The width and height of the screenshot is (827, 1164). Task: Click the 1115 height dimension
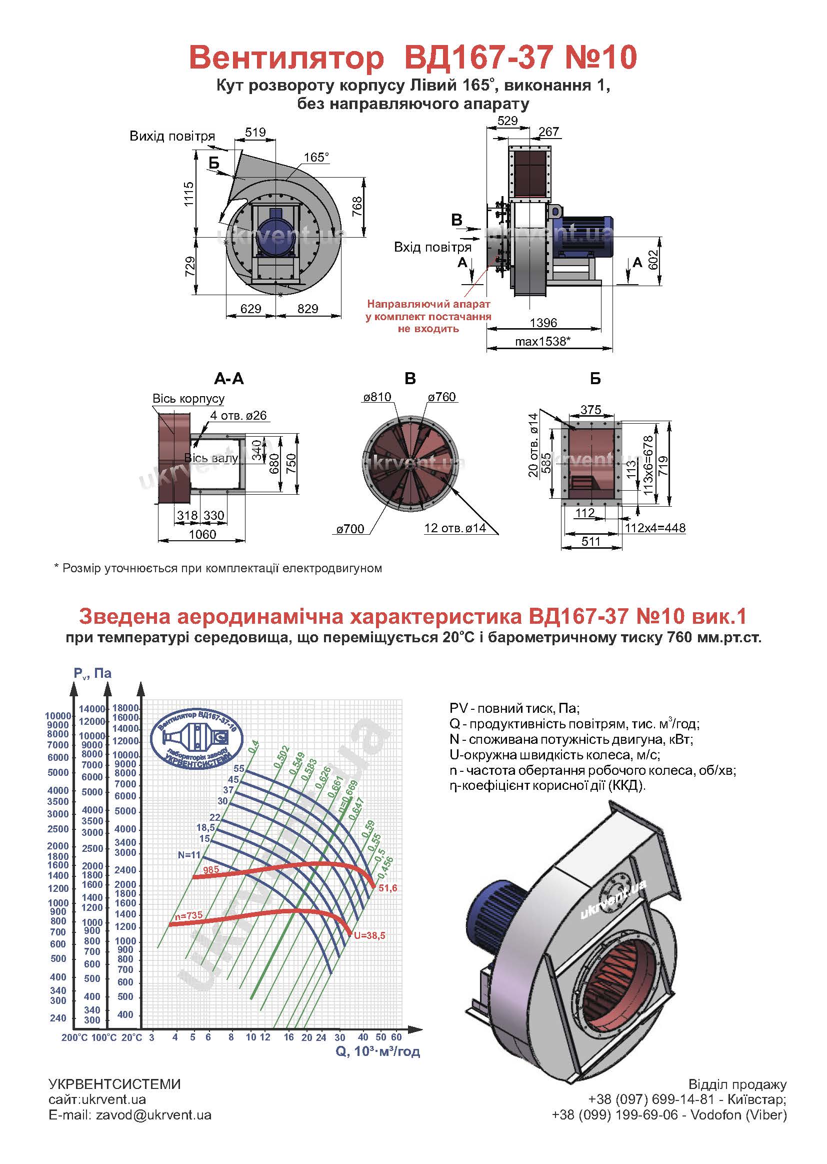(x=189, y=194)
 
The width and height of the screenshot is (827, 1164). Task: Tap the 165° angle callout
(x=316, y=158)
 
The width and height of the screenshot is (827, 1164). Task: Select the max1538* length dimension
(x=542, y=341)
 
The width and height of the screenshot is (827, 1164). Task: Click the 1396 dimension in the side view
(x=543, y=323)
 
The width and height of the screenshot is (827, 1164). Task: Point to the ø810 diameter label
(x=377, y=397)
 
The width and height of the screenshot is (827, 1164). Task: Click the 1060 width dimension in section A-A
(x=202, y=534)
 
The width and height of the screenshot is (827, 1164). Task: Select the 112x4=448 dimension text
(x=655, y=528)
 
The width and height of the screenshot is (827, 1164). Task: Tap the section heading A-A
(x=228, y=379)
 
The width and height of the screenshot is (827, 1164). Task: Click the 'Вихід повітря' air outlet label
(x=172, y=136)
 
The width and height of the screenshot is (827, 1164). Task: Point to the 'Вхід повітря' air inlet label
(x=432, y=248)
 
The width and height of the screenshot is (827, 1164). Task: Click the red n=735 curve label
(x=188, y=915)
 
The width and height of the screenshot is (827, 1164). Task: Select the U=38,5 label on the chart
(x=369, y=936)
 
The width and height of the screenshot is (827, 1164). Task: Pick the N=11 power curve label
(x=189, y=855)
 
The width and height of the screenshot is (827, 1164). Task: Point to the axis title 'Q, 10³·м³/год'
(x=378, y=1051)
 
